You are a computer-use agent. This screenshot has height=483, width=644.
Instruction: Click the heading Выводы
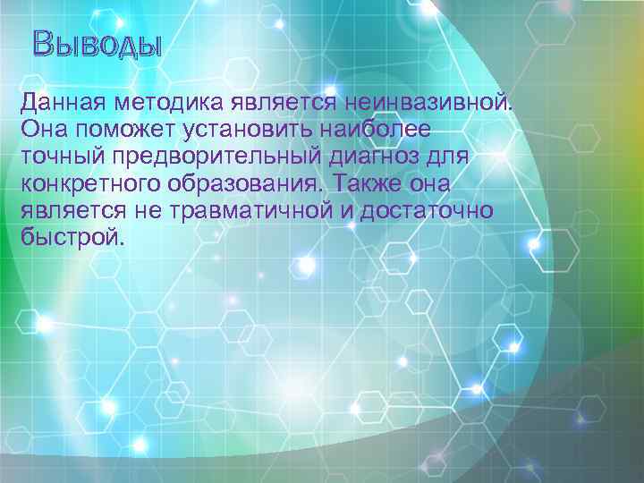(97, 44)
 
